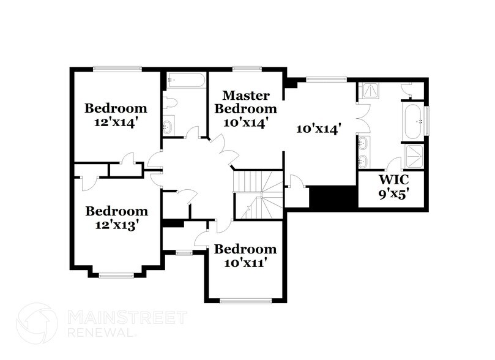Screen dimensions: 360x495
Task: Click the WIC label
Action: pos(390,181)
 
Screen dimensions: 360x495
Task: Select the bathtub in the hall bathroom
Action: pos(184,81)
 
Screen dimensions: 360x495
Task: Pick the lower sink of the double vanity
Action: pos(365,161)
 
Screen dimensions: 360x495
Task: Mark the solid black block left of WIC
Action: pos(333,197)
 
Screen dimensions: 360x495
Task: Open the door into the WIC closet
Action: pos(394,165)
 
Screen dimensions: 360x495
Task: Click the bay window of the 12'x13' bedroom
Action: pos(116,276)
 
